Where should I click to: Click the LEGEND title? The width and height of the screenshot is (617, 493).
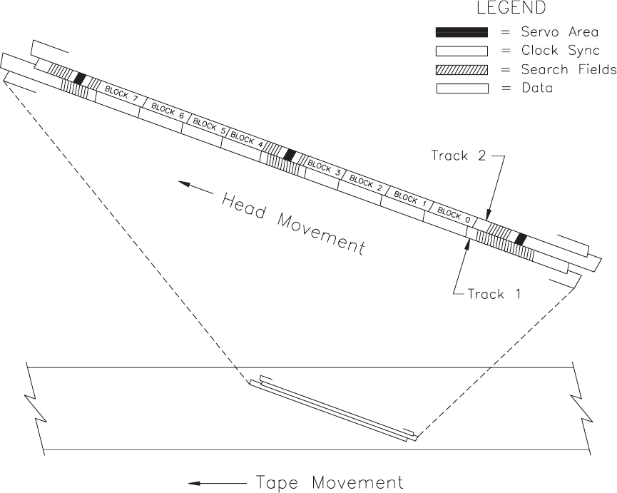[511, 9]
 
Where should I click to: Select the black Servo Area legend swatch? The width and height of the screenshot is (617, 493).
[462, 32]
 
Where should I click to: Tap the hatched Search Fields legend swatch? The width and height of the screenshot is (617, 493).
[462, 70]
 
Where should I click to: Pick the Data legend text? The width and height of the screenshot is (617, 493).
[537, 88]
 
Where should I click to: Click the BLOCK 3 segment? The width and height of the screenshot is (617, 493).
[324, 168]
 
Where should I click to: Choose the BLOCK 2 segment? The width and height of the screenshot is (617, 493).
[365, 183]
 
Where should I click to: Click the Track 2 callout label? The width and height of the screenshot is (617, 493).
[459, 156]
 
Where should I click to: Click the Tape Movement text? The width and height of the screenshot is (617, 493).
[329, 483]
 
